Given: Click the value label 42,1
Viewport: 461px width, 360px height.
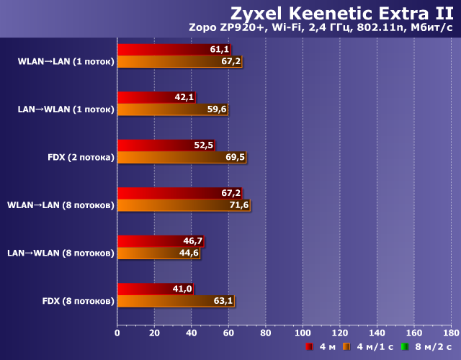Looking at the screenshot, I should click(x=184, y=97).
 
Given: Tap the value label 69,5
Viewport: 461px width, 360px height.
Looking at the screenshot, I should click(x=235, y=157).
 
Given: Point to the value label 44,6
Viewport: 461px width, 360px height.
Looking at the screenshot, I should click(x=189, y=253).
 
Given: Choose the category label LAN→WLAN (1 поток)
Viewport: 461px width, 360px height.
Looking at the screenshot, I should click(x=66, y=109).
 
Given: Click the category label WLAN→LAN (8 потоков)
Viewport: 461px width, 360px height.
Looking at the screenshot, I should click(x=61, y=205).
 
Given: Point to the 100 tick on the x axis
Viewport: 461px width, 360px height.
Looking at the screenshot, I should click(x=303, y=333).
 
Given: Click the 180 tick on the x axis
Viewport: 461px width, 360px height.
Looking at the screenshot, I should click(x=450, y=333).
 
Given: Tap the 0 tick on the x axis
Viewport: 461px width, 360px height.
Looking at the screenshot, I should click(x=117, y=333).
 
